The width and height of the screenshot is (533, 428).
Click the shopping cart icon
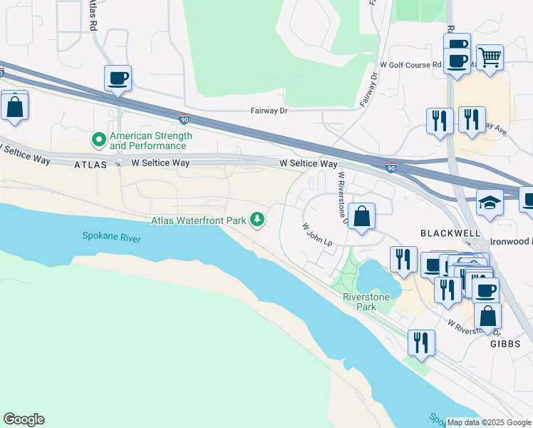pyautogui.click(x=489, y=57)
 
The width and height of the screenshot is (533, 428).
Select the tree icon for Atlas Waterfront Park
pyautogui.click(x=257, y=220)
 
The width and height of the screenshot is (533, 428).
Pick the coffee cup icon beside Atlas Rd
pyautogui.click(x=118, y=78)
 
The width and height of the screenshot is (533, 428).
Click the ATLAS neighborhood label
pyautogui.click(x=90, y=164)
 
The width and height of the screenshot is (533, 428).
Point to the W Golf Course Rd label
pyautogui.click(x=411, y=65)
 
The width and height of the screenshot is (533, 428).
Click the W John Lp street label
pyautogui.click(x=318, y=234)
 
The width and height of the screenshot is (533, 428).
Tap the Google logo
pyautogui.click(x=24, y=419)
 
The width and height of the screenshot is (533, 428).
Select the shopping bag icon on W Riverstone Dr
pyautogui.click(x=362, y=216)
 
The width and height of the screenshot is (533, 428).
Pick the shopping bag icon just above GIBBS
pyautogui.click(x=487, y=315)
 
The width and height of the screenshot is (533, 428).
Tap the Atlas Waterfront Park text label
pyautogui.click(x=198, y=220)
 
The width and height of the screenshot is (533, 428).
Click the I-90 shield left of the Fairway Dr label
pyautogui.click(x=184, y=121)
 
